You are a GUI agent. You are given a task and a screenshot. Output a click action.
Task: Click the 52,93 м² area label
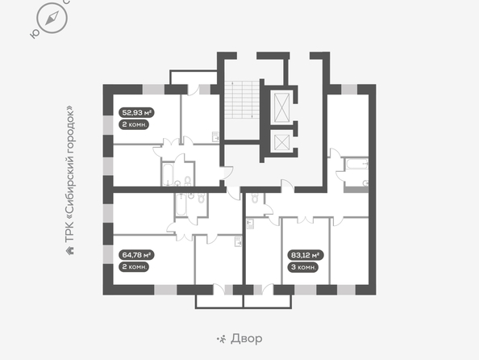pyautogui.click(x=136, y=112)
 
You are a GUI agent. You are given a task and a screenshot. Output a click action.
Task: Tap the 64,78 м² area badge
pyautogui.click(x=136, y=255)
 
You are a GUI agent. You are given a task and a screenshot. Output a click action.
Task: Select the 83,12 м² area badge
pyautogui.click(x=305, y=255)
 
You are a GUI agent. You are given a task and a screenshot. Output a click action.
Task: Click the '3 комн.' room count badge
pyautogui.click(x=303, y=267)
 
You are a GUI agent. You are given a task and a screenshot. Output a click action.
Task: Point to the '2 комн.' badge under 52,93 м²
pyautogui.click(x=134, y=125)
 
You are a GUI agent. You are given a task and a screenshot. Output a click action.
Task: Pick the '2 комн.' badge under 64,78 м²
pyautogui.click(x=134, y=267)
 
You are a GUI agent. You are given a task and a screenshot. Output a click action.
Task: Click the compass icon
pyautogui.click(x=52, y=18)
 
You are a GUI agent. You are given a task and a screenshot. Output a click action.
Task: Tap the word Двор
pyautogui.click(x=247, y=338)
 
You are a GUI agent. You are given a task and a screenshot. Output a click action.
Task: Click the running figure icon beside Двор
pyautogui.click(x=221, y=339)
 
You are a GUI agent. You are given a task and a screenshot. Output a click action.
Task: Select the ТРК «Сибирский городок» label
pyautogui.click(x=70, y=174)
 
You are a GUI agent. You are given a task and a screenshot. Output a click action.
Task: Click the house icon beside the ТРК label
pyautogui.click(x=70, y=251)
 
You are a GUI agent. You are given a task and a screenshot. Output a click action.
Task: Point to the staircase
pyautogui.click(x=242, y=100)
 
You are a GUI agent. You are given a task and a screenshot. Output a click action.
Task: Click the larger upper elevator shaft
pyautogui.click(x=281, y=107)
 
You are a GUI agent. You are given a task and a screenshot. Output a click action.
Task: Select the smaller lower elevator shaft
pyautogui.click(x=281, y=142)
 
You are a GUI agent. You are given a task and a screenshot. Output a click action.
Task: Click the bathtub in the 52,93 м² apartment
pyautogui.click(x=168, y=174)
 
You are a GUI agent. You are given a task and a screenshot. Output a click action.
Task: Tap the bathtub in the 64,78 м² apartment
pyautogui.click(x=181, y=204)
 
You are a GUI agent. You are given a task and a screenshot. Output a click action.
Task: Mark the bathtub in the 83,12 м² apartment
pyautogui.click(x=357, y=164)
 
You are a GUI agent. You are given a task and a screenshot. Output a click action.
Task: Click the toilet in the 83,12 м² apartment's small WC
pyautogui.click(x=255, y=199)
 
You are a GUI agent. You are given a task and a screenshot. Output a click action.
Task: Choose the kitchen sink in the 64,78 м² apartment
pyautogui.click(x=238, y=241)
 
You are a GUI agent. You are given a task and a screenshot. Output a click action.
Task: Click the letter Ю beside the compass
pyautogui.click(x=34, y=34)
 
